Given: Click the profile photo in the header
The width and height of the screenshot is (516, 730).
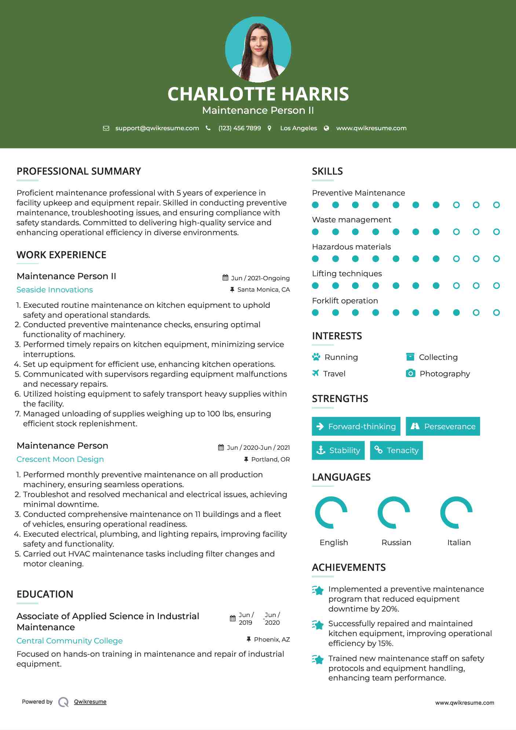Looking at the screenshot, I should (x=258, y=50).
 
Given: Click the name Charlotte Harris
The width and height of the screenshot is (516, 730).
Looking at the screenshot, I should (x=258, y=94).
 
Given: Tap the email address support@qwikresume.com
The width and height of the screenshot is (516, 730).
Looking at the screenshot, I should (x=157, y=128).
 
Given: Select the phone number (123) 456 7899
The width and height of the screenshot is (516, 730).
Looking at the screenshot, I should (x=239, y=128).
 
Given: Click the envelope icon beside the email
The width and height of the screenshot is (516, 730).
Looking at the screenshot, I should (x=106, y=128).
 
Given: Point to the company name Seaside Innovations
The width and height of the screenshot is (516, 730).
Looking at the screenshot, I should (x=55, y=290).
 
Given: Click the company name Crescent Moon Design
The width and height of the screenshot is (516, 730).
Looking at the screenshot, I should (x=60, y=459).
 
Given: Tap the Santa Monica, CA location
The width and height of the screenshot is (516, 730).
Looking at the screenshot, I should (x=263, y=290).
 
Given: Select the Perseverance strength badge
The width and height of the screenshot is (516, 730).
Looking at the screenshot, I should (x=443, y=426).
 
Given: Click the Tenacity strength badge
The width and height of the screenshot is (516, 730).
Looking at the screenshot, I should (x=396, y=450).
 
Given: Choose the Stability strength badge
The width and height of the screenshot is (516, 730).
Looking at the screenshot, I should (x=338, y=450).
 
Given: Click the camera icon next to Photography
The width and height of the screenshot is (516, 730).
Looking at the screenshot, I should (x=411, y=373).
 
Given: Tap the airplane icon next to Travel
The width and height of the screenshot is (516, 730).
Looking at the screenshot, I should (x=315, y=373).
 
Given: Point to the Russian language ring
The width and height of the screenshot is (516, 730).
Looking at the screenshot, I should (x=394, y=512).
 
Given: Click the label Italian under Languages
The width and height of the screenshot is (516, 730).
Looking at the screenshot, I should (x=459, y=543).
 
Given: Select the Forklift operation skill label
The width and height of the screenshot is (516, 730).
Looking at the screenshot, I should (x=345, y=301).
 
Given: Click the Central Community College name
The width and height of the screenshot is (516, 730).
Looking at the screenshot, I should (x=70, y=641).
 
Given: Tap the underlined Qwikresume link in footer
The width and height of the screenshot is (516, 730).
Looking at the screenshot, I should (x=90, y=702).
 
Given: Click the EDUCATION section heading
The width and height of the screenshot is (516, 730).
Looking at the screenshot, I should (x=45, y=594).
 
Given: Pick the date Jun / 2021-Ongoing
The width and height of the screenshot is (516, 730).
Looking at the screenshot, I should (x=260, y=278).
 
